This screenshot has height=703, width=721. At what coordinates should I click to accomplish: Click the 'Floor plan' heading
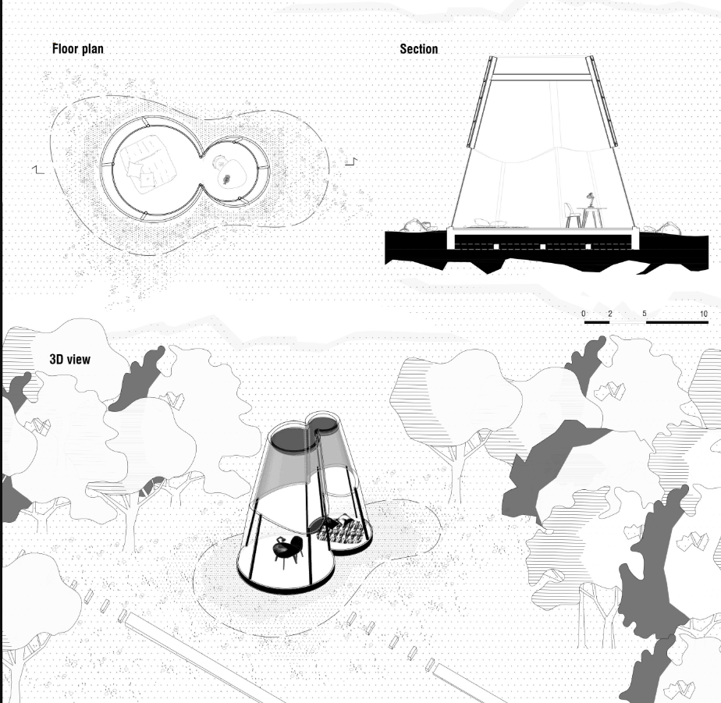(x=77, y=49)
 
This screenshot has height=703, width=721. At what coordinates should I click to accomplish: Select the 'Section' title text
(x=419, y=49)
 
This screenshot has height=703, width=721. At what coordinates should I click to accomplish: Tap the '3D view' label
(x=69, y=359)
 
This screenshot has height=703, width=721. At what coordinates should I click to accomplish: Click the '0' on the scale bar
(x=584, y=314)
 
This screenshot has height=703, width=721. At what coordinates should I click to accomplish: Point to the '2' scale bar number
(x=609, y=314)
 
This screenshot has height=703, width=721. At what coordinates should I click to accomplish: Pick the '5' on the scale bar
(x=645, y=314)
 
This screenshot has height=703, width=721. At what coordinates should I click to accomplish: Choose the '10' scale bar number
(x=703, y=314)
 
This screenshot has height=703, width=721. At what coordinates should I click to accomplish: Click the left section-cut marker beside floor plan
(x=38, y=168)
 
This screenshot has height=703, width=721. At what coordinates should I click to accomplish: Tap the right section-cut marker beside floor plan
(x=351, y=162)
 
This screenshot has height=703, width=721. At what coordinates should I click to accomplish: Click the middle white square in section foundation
(x=542, y=247)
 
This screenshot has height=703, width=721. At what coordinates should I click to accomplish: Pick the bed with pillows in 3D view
(x=343, y=531)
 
